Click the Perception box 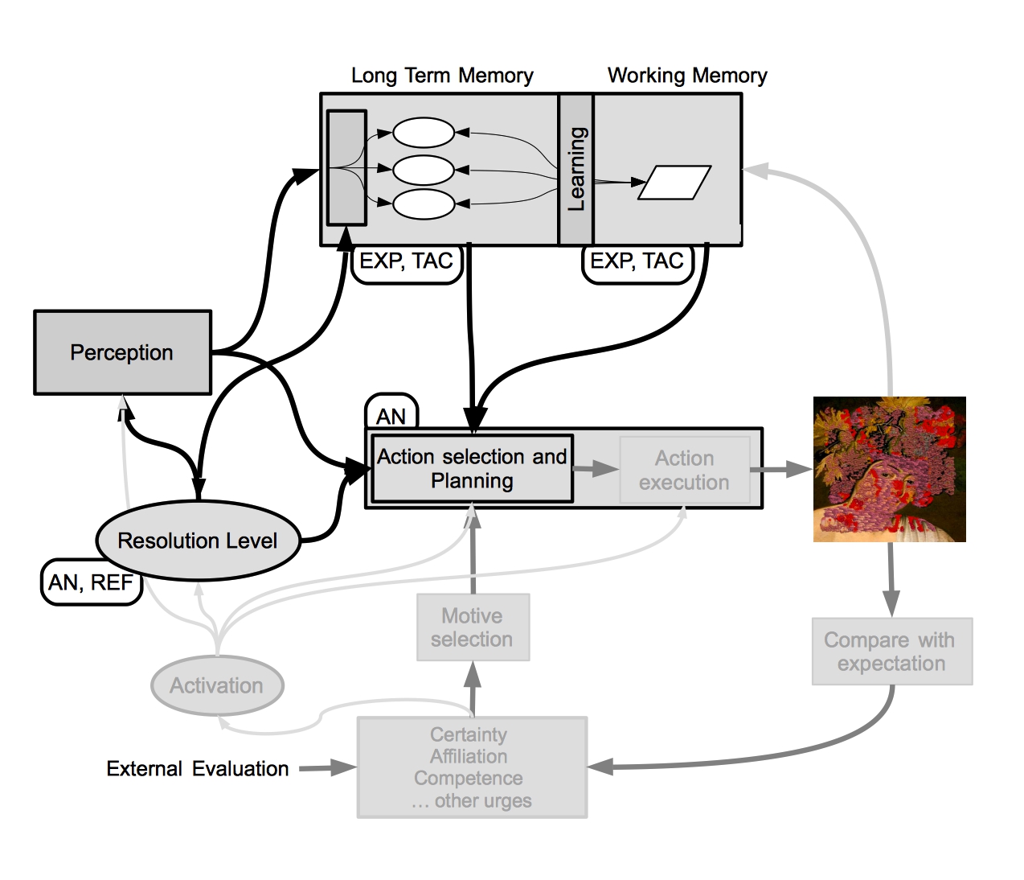click(122, 352)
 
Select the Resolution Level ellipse click(199, 540)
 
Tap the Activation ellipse click(217, 685)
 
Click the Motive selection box click(473, 627)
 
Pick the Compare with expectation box click(891, 652)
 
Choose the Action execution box click(685, 470)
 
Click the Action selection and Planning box click(472, 468)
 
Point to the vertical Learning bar click(575, 169)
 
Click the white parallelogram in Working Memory click(674, 183)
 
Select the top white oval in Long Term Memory click(424, 133)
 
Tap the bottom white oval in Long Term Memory click(424, 204)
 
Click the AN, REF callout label click(91, 582)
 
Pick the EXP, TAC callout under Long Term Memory click(406, 263)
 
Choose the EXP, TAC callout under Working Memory click(637, 263)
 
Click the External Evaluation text click(198, 768)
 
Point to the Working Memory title click(687, 76)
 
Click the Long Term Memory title click(442, 76)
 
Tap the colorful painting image click(889, 469)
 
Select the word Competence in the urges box click(468, 779)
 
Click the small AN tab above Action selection click(391, 412)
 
